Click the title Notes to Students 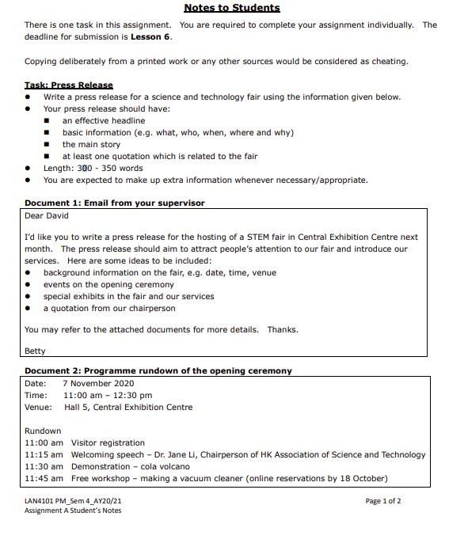click(x=231, y=8)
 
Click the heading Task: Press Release click(x=69, y=85)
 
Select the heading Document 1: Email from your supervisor click(x=114, y=203)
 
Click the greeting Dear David click(x=47, y=215)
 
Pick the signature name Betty click(x=35, y=351)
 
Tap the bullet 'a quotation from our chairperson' click(x=109, y=308)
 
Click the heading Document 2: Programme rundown click(x=158, y=370)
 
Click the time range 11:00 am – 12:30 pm click(x=108, y=395)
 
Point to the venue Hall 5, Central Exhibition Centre click(x=128, y=407)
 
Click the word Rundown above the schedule click(x=43, y=431)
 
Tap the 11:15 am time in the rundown click(x=44, y=454)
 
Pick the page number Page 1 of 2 click(x=382, y=501)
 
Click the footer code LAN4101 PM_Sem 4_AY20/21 click(x=74, y=501)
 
